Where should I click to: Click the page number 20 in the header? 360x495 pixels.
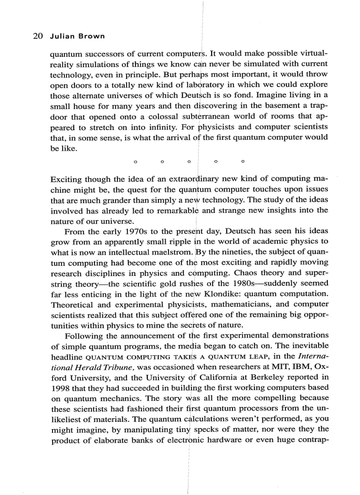[x=37, y=36]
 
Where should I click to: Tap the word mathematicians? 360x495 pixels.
[x=239, y=304]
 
